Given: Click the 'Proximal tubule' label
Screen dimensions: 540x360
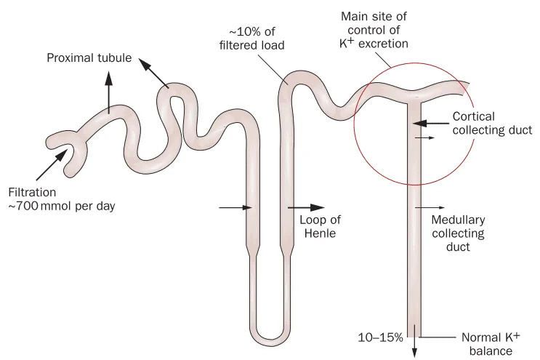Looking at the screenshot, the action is [89, 57].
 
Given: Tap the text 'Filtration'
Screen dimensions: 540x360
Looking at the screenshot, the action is [32, 192].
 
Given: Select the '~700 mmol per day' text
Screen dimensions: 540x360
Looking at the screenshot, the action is [62, 206].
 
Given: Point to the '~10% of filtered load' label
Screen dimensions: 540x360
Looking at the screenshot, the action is [252, 39].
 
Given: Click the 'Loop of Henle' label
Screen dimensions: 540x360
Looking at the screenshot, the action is [320, 226].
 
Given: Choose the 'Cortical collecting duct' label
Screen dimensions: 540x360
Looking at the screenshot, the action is [492, 123].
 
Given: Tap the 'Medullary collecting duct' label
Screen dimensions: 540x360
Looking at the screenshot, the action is [458, 233].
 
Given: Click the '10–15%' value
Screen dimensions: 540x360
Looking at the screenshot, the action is [380, 337].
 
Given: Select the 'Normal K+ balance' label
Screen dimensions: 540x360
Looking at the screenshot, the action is [491, 343].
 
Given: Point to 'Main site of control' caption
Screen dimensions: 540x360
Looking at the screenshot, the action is [374, 23].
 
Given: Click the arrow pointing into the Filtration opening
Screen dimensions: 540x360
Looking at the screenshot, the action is [51, 165].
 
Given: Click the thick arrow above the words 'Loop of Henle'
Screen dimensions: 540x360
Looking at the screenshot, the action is [306, 207].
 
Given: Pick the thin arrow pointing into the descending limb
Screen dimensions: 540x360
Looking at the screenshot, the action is [235, 207].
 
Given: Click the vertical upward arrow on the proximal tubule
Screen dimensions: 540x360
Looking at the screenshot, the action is [109, 92].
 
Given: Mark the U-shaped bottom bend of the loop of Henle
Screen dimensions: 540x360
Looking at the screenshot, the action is [270, 336].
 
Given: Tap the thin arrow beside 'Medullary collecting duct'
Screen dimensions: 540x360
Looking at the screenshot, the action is [430, 208].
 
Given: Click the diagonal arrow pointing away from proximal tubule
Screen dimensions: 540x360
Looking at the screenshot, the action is [153, 73].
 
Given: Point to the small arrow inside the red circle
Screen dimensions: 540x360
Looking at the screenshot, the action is [424, 137].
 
